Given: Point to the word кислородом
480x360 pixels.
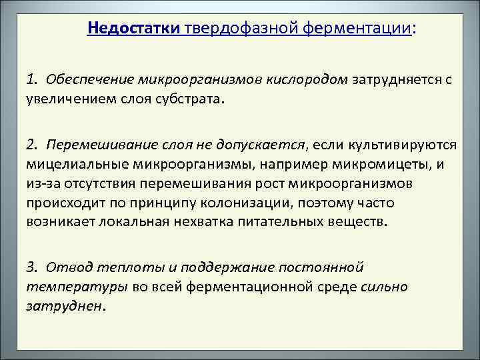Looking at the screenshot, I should [x=312, y=81].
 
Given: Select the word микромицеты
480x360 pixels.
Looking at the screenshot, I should [x=379, y=163].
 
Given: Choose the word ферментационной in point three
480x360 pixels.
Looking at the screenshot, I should [x=268, y=287].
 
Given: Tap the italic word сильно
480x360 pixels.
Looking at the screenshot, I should [x=384, y=287].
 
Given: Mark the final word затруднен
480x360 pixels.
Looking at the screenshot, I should [x=65, y=306].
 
